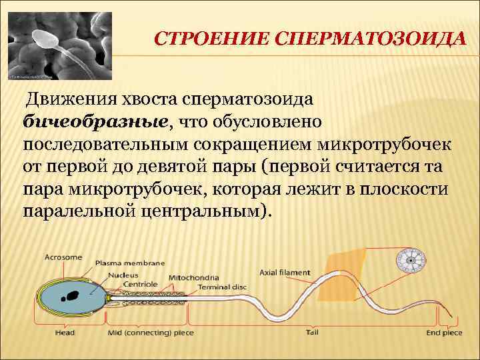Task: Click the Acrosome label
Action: (x=63, y=257)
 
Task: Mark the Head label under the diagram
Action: (x=65, y=333)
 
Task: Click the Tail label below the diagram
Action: (x=311, y=332)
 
